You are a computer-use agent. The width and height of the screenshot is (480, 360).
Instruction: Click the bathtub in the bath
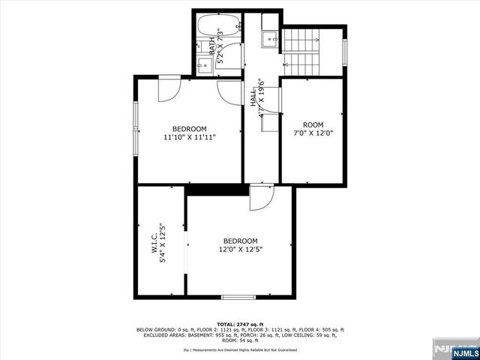point(217,27)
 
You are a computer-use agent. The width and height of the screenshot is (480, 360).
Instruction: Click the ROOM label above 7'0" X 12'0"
point(313,124)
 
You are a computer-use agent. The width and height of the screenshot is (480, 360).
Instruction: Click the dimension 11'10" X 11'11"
point(189,137)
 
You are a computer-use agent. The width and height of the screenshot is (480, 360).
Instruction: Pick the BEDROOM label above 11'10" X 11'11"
point(189,128)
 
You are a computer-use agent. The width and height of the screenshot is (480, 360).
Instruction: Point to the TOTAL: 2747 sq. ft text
point(240,324)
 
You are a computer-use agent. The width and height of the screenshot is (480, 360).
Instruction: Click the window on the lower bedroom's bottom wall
point(238,297)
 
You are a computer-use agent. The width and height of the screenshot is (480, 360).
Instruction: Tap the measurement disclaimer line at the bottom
point(240,349)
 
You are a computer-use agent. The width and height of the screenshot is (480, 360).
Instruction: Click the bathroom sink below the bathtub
point(202,64)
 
